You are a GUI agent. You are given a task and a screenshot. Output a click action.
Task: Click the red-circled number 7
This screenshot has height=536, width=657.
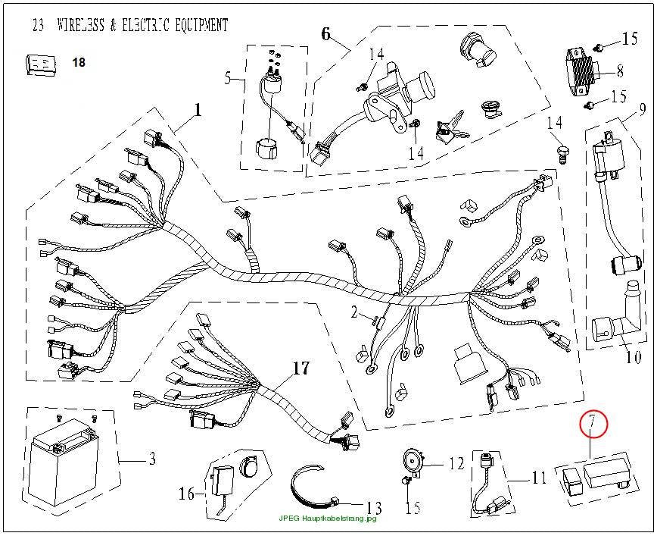coord(593,423)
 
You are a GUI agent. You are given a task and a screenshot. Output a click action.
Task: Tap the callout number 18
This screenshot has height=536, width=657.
coord(79,62)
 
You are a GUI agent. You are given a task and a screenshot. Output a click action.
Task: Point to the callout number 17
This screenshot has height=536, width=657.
coord(300,368)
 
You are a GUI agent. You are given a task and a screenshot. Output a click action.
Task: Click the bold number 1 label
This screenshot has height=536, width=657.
coord(198,111)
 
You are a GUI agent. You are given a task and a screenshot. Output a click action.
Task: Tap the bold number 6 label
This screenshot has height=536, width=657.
coord(326,34)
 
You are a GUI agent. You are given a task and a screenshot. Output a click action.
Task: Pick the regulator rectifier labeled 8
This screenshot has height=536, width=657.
coord(583,74)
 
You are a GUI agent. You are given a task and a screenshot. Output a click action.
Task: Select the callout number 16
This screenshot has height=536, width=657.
coord(187,494)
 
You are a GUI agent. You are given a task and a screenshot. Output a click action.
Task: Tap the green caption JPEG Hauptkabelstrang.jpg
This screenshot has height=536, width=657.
coord(328,519)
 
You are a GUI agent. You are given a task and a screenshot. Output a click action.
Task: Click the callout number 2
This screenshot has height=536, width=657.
coord(354,312)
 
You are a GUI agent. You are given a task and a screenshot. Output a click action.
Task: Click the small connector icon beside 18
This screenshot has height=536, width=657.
coord(41,65)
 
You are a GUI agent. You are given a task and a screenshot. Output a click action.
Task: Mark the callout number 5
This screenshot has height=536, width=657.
coord(228,78)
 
